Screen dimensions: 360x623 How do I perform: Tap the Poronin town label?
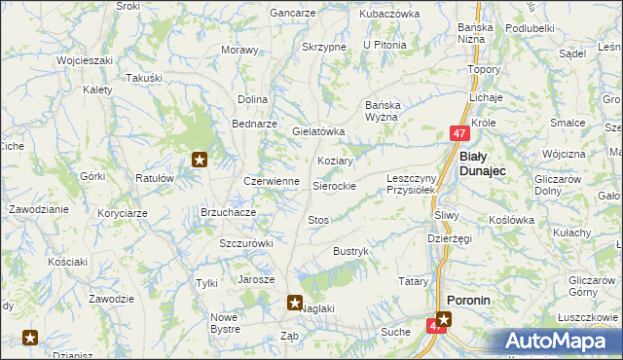[468, 301]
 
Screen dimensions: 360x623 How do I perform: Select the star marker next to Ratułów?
[200, 160]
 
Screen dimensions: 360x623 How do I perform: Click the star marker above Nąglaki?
[295, 303]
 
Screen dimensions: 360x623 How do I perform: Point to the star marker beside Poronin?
[444, 317]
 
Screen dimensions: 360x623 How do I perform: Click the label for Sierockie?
[334, 185]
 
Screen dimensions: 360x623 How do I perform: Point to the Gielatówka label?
[319, 130]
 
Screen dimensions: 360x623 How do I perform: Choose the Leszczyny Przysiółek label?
[417, 185]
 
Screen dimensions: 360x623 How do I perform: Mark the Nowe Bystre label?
[225, 323]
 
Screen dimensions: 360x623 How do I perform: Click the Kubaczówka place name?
[388, 14]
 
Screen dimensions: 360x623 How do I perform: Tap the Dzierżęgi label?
[450, 238]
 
